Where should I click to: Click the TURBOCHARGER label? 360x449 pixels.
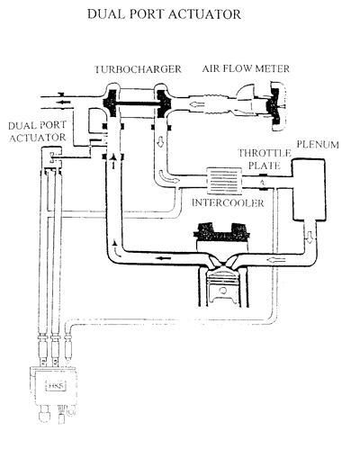click(x=138, y=69)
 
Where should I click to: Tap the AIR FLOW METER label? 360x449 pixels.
click(x=246, y=68)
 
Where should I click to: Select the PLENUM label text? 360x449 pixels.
click(x=318, y=145)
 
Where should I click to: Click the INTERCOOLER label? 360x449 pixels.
click(x=228, y=203)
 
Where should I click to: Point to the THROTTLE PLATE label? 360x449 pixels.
click(x=265, y=159)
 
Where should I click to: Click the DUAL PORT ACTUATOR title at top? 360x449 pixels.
click(x=164, y=14)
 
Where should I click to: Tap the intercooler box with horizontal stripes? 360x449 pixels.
click(x=224, y=181)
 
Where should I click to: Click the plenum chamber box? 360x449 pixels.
click(x=309, y=190)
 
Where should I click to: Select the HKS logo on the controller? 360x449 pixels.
click(x=57, y=386)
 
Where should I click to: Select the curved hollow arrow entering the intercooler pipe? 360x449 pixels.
click(x=168, y=177)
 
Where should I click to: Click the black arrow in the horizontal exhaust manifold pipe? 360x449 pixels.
click(x=164, y=258)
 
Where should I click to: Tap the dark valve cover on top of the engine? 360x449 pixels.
click(x=222, y=231)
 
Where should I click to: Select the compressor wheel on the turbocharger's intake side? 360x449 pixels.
click(x=163, y=103)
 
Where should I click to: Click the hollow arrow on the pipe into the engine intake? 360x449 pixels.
click(x=275, y=259)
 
